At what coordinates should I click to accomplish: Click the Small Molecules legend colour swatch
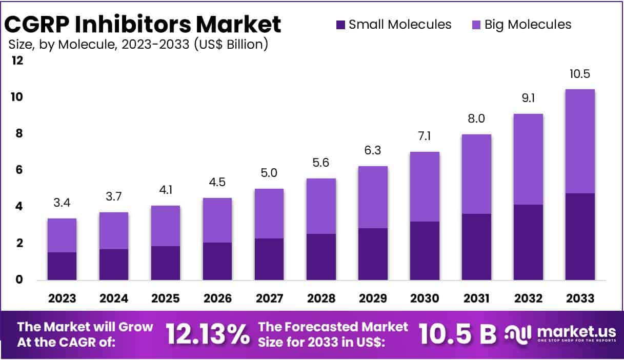point(340,25)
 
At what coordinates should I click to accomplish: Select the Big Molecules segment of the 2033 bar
point(580,141)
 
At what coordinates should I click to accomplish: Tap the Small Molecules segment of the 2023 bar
point(62,266)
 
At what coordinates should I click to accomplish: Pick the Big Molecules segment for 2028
point(321,206)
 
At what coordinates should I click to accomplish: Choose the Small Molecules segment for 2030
point(425,250)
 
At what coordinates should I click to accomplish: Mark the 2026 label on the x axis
point(217,298)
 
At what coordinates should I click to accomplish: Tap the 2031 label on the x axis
point(476,298)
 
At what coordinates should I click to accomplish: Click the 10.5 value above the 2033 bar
point(580,74)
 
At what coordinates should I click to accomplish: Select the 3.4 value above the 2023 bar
point(62,203)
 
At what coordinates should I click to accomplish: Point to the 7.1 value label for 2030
point(425,136)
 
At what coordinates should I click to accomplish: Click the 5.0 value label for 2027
point(269,173)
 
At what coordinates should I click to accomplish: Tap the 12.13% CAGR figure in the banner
point(208,334)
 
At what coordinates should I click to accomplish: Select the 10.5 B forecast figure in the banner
point(457,334)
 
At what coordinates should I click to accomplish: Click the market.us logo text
point(567,331)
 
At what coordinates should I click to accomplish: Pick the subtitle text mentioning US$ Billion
point(137,45)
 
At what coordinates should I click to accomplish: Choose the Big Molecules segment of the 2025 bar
point(166,226)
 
